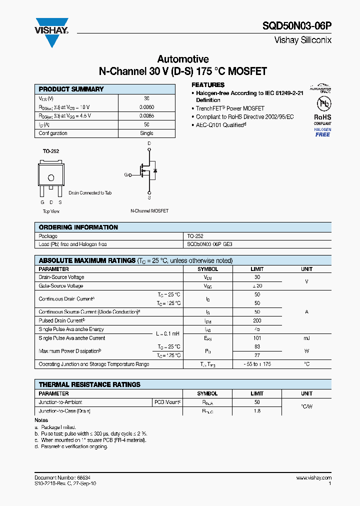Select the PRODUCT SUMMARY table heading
click(71, 89)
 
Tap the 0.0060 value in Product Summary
click(146, 107)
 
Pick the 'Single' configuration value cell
click(146, 133)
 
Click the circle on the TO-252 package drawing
click(50, 177)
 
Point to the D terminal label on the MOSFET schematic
click(148, 143)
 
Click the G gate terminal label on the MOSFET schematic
click(126, 174)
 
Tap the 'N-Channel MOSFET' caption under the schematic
click(149, 211)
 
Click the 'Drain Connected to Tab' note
click(90, 192)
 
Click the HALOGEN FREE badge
click(322, 132)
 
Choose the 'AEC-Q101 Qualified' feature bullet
click(220, 124)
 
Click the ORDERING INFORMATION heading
click(78, 227)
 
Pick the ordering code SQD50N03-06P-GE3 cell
click(209, 244)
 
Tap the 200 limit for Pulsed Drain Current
click(257, 320)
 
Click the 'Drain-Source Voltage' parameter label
click(61, 277)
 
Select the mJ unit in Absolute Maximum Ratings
click(306, 338)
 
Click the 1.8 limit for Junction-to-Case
click(257, 411)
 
